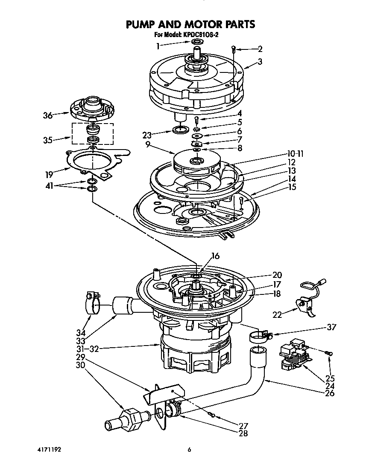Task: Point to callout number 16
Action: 215,256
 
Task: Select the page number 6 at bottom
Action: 189,449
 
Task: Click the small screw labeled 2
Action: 234,49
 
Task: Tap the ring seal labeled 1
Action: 197,42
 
